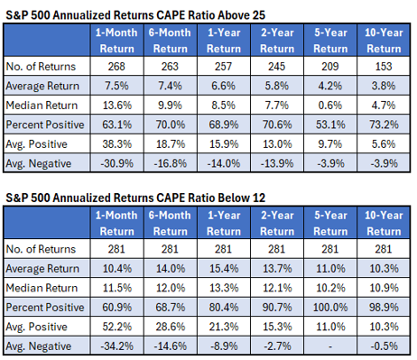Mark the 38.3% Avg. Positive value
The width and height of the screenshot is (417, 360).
tap(117, 143)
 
